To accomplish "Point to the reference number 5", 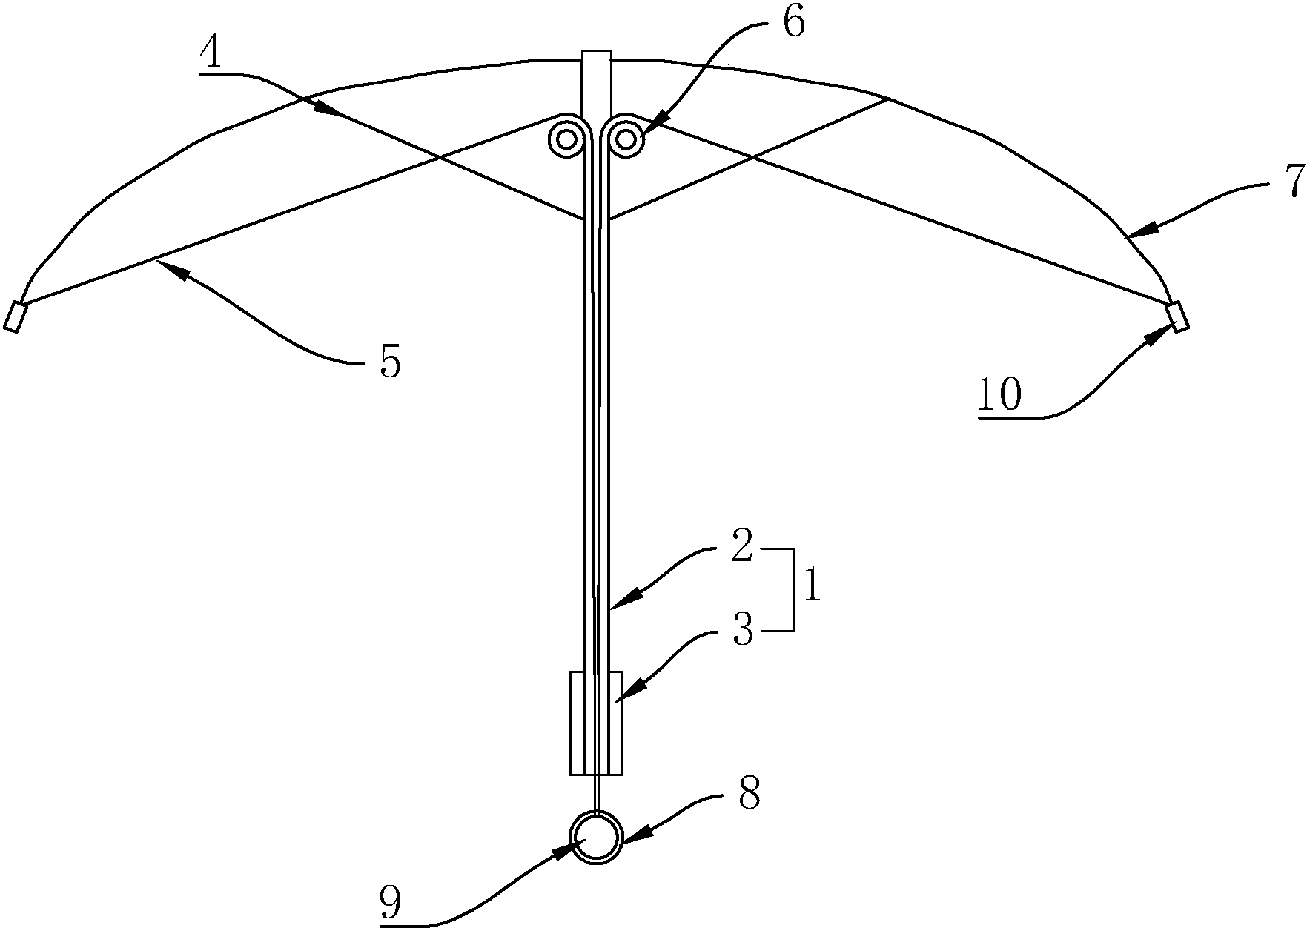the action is tap(389, 363).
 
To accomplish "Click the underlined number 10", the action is tap(999, 394).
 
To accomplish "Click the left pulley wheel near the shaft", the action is tap(568, 139).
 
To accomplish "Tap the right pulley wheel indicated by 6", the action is tap(625, 139).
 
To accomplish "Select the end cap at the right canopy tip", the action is tap(1177, 316).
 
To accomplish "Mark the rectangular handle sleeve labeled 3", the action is tap(596, 723).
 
